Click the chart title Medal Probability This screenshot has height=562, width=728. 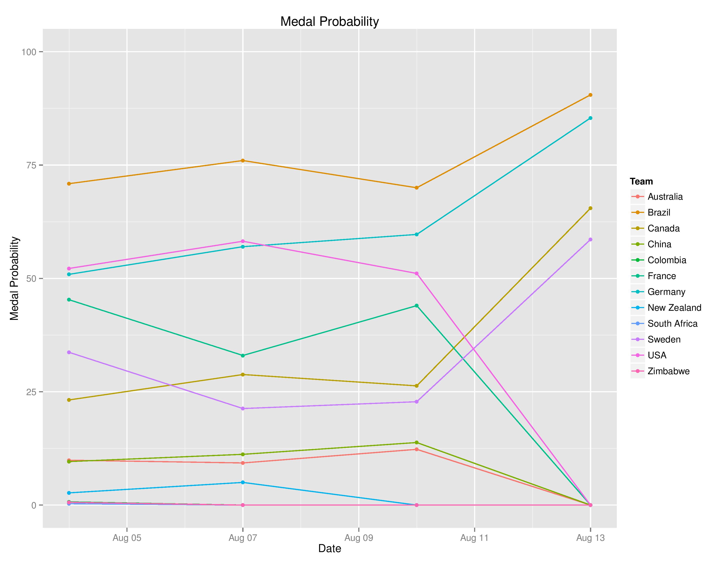(329, 22)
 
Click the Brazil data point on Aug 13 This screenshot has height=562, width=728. (590, 95)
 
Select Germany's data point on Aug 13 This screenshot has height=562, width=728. (590, 118)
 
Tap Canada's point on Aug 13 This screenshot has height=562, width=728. (590, 208)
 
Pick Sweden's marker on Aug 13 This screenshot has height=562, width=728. (590, 239)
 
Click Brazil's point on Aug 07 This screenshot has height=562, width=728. (243, 160)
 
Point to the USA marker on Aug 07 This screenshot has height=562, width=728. (243, 241)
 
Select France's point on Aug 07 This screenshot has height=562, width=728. (243, 355)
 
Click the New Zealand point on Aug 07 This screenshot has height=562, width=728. (243, 482)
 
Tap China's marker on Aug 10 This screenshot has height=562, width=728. (416, 443)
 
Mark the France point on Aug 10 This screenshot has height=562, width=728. (416, 306)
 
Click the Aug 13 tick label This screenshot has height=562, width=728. (590, 538)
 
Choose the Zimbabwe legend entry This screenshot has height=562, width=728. (668, 371)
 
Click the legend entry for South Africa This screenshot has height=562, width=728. (672, 324)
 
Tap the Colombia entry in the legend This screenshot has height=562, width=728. (667, 260)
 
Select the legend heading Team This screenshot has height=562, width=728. (641, 181)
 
